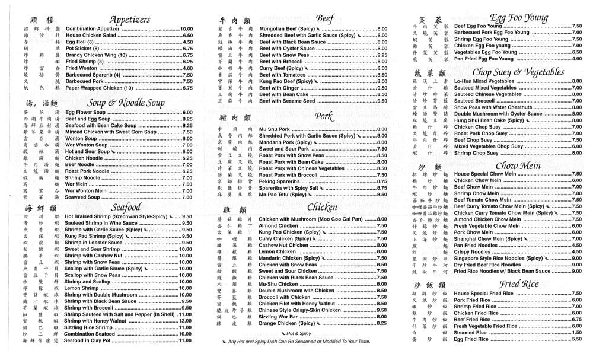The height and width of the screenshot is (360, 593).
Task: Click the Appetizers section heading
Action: (x=129, y=20)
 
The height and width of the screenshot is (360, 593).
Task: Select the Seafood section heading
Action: (x=126, y=207)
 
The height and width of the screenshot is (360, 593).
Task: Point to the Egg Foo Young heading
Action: (x=518, y=18)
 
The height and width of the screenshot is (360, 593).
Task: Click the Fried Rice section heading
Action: (x=518, y=284)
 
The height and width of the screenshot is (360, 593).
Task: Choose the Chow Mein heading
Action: (x=518, y=165)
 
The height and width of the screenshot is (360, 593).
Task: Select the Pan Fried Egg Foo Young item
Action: (x=483, y=59)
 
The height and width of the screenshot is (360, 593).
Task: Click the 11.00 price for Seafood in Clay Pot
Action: (x=186, y=340)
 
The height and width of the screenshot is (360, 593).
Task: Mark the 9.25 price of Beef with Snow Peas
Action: (x=382, y=55)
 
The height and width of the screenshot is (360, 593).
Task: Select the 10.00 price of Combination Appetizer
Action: (x=186, y=28)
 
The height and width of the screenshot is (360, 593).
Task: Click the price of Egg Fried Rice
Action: (x=576, y=339)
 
